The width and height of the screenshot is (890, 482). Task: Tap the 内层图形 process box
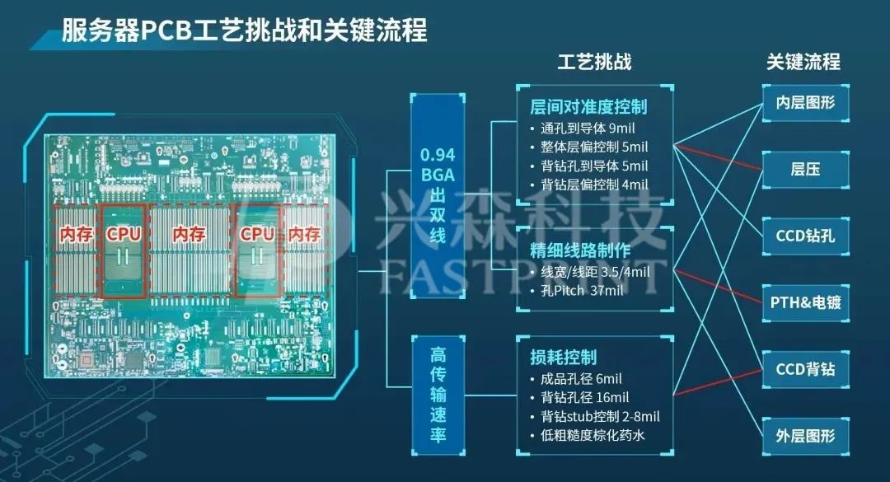pos(805,104)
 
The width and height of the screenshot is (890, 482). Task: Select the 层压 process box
pos(805,170)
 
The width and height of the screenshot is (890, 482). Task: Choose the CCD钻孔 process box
pos(805,236)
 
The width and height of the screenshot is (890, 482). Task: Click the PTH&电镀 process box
pos(805,302)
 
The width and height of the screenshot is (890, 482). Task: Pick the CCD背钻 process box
pos(805,368)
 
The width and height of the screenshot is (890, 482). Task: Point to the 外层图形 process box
pos(805,434)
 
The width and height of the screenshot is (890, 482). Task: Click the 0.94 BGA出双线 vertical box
pos(438,194)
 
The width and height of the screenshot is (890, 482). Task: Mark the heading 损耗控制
pos(564,358)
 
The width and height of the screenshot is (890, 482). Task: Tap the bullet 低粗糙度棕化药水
pos(593,435)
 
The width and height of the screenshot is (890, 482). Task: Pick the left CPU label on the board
pos(124,234)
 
